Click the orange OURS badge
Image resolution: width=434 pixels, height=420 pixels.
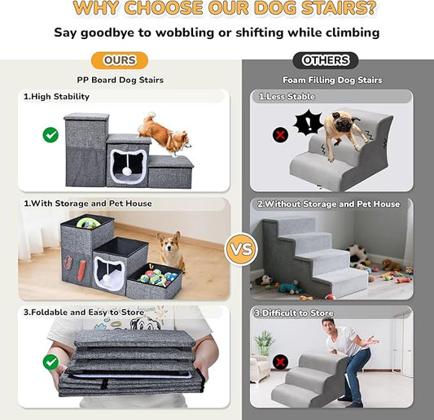pyautogui.click(x=120, y=60)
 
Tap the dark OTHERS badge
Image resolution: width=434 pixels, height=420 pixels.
pyautogui.click(x=325, y=60)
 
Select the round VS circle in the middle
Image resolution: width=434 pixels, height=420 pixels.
pyautogui.click(x=241, y=250)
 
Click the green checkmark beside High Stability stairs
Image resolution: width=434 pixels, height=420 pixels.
pyautogui.click(x=50, y=135)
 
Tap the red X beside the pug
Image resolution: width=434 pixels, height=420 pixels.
pyautogui.click(x=280, y=135)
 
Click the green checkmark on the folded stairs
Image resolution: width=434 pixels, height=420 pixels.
pyautogui.click(x=50, y=362)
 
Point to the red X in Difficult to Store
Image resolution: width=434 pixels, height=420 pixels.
pyautogui.click(x=280, y=362)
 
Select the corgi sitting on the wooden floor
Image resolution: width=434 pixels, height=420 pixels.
pyautogui.click(x=171, y=251)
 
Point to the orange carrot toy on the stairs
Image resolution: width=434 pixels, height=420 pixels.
pyautogui.click(x=81, y=269)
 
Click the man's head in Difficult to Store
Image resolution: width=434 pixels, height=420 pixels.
pyautogui.click(x=329, y=325)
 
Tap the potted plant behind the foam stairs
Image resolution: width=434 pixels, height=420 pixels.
pyautogui.click(x=265, y=343)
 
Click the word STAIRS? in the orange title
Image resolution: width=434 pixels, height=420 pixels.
pyautogui.click(x=339, y=8)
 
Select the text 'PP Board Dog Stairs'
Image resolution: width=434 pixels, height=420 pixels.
pyautogui.click(x=121, y=81)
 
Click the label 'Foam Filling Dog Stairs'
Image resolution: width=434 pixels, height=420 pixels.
pyautogui.click(x=332, y=81)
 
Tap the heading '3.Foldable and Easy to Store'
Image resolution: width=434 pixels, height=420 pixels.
pyautogui.click(x=84, y=313)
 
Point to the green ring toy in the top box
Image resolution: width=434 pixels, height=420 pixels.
pyautogui.click(x=86, y=222)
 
